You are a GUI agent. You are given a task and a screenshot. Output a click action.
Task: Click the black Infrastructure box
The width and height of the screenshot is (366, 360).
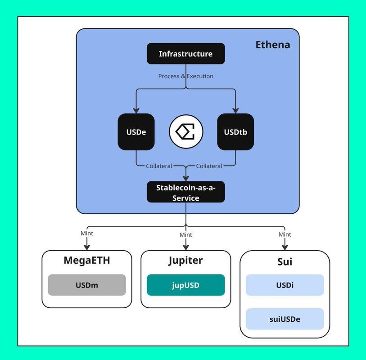pyautogui.click(x=185, y=54)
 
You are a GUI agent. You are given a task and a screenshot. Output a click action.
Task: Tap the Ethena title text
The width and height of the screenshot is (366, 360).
pyautogui.click(x=272, y=45)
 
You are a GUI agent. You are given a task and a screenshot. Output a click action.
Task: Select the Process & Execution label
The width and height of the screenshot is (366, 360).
pyautogui.click(x=185, y=76)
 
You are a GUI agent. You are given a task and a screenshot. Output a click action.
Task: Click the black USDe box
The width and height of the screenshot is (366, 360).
pyautogui.click(x=136, y=132)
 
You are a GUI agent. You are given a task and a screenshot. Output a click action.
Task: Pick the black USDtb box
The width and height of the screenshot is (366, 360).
pyautogui.click(x=235, y=132)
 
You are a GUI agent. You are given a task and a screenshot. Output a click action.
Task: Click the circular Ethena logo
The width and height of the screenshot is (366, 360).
pyautogui.click(x=186, y=132)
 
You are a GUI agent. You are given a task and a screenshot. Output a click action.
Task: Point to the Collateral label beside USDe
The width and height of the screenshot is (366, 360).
pyautogui.click(x=159, y=166)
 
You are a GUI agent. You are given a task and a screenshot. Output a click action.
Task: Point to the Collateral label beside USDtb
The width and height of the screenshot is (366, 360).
pyautogui.click(x=209, y=166)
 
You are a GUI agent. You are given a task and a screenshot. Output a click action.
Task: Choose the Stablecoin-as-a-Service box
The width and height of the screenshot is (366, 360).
pyautogui.click(x=185, y=192)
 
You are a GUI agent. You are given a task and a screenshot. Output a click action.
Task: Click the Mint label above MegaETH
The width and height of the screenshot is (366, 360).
pyautogui.click(x=86, y=234)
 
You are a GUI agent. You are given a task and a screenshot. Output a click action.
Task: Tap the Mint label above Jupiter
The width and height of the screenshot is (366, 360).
pyautogui.click(x=185, y=235)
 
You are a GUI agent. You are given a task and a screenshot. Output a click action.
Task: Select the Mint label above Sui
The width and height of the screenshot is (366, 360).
pyautogui.click(x=285, y=234)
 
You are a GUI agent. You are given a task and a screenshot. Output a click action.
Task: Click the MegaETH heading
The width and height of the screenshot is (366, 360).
pyautogui.click(x=86, y=261)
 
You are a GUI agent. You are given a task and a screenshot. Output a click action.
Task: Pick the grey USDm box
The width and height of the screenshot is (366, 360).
pyautogui.click(x=86, y=285)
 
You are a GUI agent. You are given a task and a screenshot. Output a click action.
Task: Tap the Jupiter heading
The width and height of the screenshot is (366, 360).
pyautogui.click(x=185, y=261)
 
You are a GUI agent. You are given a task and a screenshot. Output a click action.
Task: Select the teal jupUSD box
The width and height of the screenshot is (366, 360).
pyautogui.click(x=185, y=285)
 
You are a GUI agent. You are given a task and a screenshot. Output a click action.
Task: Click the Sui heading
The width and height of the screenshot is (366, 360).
pyautogui.click(x=285, y=261)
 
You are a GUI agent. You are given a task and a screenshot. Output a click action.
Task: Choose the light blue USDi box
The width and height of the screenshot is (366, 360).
pyautogui.click(x=285, y=285)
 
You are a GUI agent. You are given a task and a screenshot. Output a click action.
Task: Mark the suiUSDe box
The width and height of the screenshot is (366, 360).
pyautogui.click(x=285, y=319)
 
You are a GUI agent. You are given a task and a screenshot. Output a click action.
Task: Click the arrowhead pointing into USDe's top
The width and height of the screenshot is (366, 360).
pyautogui.click(x=136, y=110)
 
